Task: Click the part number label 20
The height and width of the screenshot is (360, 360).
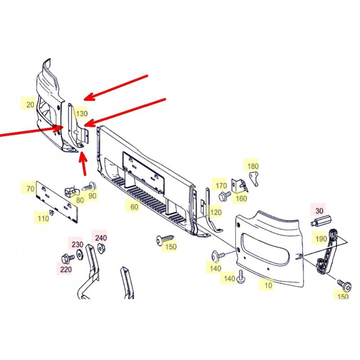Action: [x=30, y=105]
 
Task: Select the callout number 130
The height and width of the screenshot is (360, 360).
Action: [x=82, y=113]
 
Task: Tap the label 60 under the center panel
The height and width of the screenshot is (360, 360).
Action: [x=134, y=207]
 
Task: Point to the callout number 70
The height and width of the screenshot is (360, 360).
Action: [x=30, y=189]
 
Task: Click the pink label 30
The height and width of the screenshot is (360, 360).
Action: [x=319, y=211]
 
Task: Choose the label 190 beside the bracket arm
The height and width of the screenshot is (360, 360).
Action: [x=321, y=239]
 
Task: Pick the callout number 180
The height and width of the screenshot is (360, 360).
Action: [x=253, y=166]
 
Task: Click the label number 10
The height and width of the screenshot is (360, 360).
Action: [x=268, y=285]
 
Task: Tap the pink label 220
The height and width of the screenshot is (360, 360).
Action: [x=66, y=269]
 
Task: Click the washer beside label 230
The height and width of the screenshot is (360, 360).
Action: [x=80, y=253]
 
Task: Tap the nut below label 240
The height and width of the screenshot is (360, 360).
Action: [x=101, y=247]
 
